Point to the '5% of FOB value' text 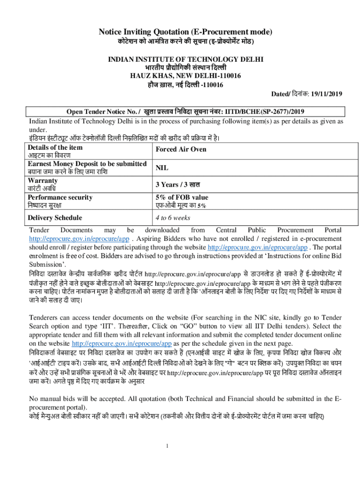[x=182, y=197]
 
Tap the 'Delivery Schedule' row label [x=55, y=218]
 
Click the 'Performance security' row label [x=60, y=197]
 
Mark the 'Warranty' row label [x=43, y=180]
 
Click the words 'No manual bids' [x=51, y=399]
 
